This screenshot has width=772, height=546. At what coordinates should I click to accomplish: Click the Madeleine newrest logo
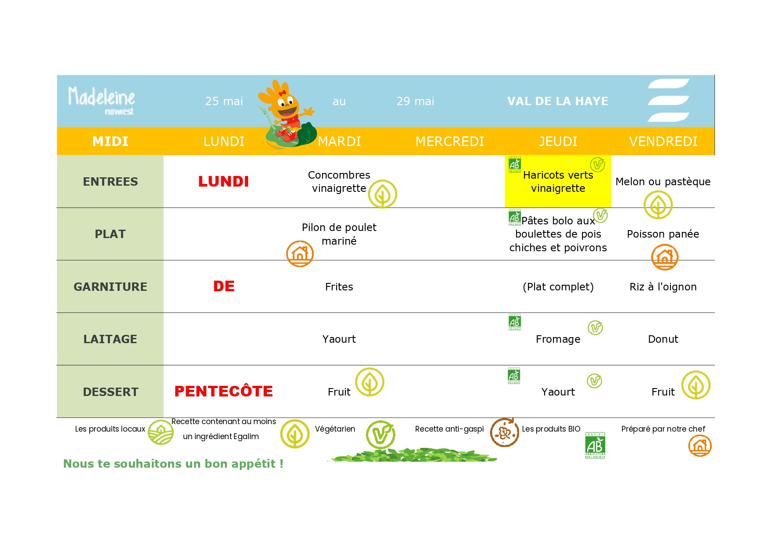click(101, 100)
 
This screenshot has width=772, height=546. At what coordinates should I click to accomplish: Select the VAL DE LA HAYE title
click(557, 101)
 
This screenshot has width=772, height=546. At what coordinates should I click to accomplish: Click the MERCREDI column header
click(450, 142)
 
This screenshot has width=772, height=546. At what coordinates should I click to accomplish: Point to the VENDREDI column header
click(663, 142)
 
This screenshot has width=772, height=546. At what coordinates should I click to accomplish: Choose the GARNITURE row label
click(110, 287)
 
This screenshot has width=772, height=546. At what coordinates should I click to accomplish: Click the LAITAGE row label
click(110, 339)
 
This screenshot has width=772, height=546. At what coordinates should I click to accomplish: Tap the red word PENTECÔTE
click(223, 391)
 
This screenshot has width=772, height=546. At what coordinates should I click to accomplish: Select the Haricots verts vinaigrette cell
click(558, 182)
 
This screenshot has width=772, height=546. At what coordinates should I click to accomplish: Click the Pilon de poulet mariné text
click(339, 234)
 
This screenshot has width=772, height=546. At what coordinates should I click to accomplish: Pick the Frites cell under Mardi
click(339, 287)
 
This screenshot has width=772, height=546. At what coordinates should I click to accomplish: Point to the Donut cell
click(663, 339)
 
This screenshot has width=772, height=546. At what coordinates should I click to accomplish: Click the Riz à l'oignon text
click(663, 287)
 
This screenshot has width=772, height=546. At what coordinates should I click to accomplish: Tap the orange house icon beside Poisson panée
click(665, 257)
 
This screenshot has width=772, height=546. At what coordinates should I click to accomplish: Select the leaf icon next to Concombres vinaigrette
click(382, 194)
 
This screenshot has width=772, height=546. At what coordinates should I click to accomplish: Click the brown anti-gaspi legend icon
click(504, 432)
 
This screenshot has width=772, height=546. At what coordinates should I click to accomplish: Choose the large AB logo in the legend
click(595, 445)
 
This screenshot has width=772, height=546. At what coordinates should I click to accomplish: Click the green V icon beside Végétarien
click(381, 435)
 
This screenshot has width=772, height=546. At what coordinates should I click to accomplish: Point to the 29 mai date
click(415, 101)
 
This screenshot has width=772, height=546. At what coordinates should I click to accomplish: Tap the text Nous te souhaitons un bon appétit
click(173, 464)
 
